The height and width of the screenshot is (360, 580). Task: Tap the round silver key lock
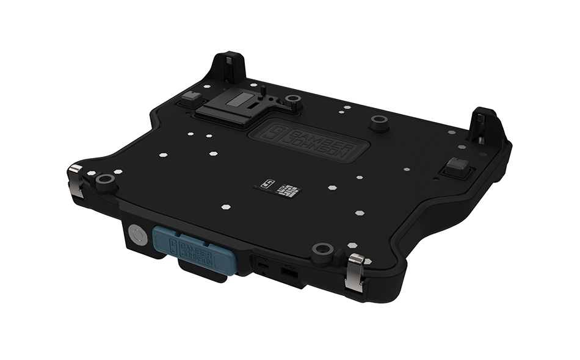[x=139, y=235]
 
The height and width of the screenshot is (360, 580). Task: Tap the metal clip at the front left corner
[x=76, y=180]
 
